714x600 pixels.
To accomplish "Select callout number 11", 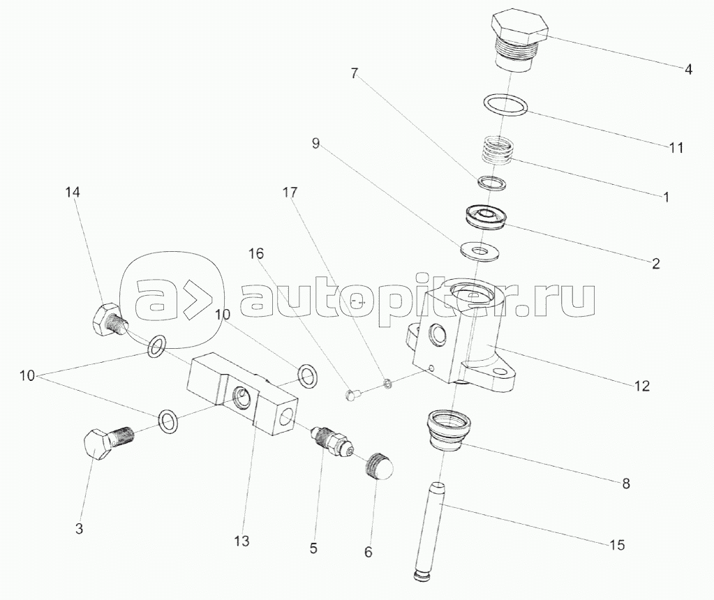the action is click(676, 147).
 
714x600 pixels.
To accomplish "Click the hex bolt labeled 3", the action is click(106, 444).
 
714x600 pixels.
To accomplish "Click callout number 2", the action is click(655, 264).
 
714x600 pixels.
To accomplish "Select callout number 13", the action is click(241, 541).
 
